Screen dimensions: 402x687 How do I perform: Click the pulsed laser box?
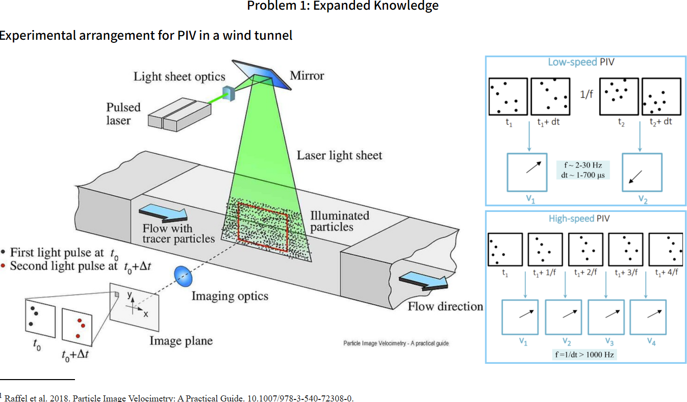click(x=179, y=115)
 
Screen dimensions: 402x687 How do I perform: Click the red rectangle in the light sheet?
click(x=263, y=227)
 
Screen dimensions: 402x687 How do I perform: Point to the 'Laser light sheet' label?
click(x=339, y=155)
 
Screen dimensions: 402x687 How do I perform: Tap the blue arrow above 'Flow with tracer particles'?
click(x=163, y=212)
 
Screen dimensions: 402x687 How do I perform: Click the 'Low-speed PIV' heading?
click(x=581, y=62)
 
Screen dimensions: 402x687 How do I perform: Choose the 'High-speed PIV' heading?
click(x=579, y=219)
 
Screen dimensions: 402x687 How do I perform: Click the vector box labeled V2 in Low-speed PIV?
click(x=642, y=173)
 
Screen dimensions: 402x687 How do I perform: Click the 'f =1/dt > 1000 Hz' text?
click(x=584, y=355)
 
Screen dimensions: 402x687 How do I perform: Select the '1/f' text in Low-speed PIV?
click(x=586, y=94)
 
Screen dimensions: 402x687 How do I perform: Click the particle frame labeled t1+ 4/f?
click(x=667, y=250)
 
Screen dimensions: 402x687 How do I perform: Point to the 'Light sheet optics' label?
click(x=180, y=76)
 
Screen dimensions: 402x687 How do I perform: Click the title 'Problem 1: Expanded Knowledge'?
click(x=343, y=6)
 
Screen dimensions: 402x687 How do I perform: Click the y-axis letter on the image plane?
click(x=130, y=295)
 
